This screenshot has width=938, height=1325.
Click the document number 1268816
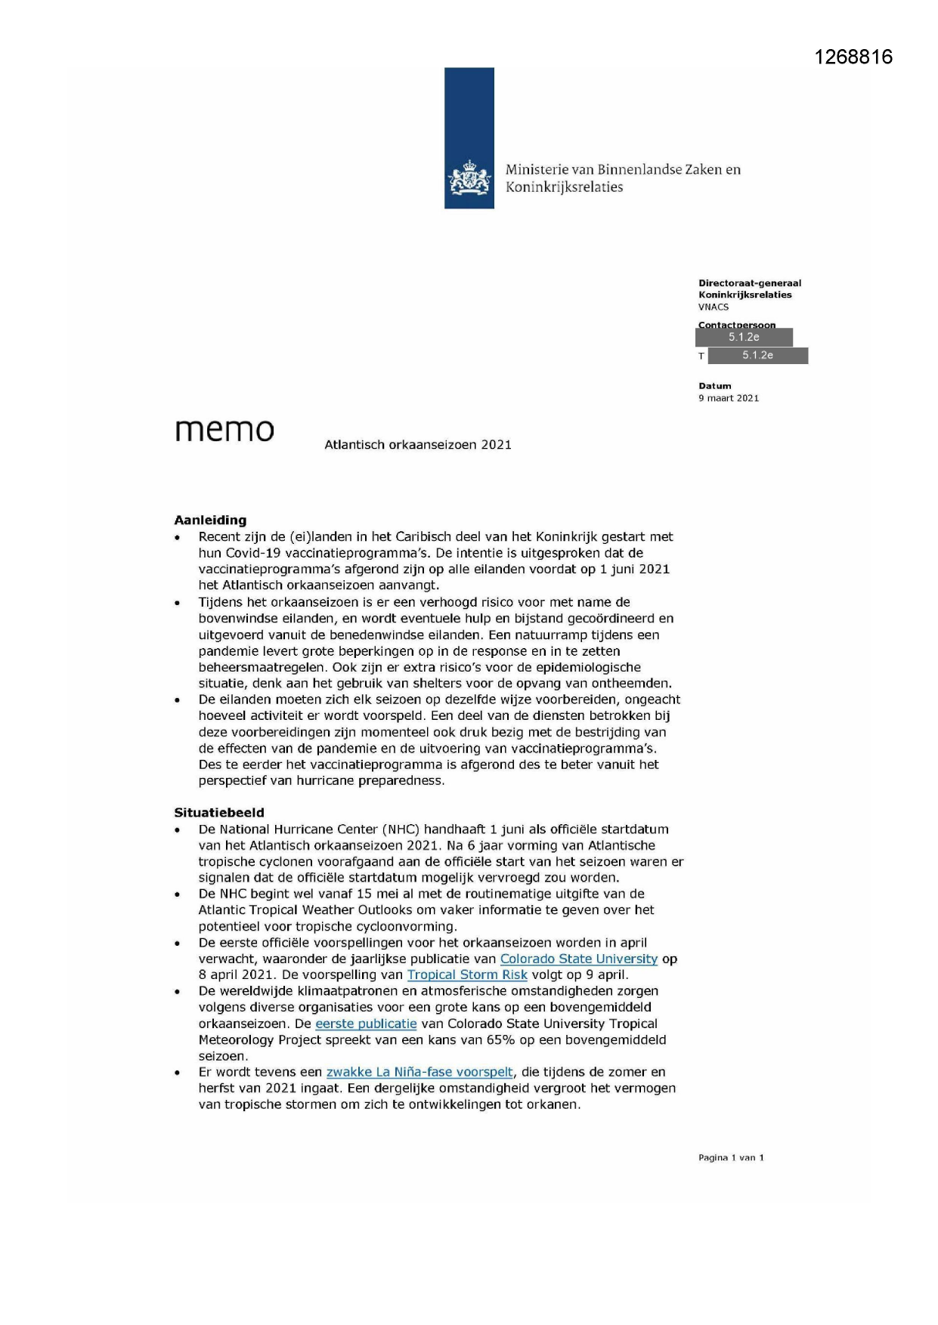point(853,57)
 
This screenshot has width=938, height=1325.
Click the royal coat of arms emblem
point(469,179)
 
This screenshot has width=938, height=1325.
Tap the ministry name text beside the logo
point(622,178)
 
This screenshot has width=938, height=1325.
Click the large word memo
point(224,430)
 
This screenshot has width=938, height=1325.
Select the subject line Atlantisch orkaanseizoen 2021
point(418,445)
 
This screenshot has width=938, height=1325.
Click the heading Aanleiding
point(210,520)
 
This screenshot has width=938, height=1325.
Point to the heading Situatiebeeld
point(219,813)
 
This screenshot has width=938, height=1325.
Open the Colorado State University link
point(578,959)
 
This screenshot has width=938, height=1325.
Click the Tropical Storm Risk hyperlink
point(467,974)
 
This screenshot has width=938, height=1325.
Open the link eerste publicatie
point(366,1024)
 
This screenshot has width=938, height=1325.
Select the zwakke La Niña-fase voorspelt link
point(419,1072)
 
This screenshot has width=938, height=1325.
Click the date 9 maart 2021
point(729,398)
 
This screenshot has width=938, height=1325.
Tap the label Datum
point(714,386)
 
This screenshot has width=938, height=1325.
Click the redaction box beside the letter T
point(757,356)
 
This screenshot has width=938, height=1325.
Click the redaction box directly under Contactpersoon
point(744,338)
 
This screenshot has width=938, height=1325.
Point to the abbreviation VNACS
point(714,307)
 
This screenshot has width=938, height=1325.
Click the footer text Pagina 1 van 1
point(731,1157)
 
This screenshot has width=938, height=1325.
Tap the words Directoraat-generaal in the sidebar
point(749,283)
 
